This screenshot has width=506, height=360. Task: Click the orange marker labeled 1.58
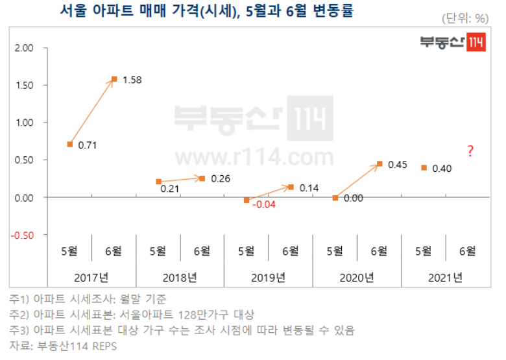[x=114, y=79]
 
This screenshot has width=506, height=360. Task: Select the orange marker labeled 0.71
[x=70, y=144]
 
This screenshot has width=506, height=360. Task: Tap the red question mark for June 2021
[x=470, y=151]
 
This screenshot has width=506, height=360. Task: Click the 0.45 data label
[x=397, y=165]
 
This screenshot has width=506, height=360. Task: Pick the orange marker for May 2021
[x=424, y=167]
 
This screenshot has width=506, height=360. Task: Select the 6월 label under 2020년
[x=379, y=250]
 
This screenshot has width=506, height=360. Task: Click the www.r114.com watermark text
[x=254, y=156]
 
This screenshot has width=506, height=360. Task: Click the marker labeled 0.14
[x=291, y=187]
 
